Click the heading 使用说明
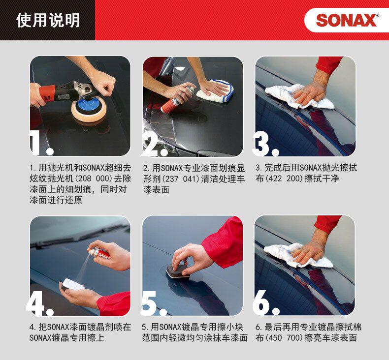(48, 20)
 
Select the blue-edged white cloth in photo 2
(215, 91)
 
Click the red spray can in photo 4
(99, 253)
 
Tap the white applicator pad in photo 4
(72, 284)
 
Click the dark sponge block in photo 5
(177, 271)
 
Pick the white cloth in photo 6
(298, 255)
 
